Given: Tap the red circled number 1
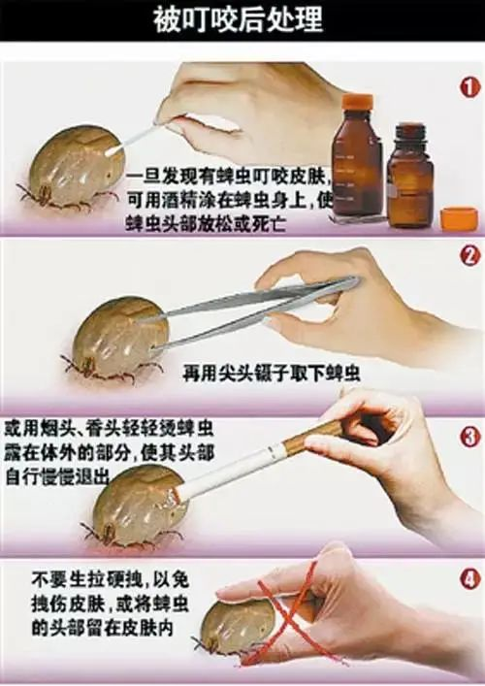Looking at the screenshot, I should [469, 86].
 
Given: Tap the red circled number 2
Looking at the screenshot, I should [469, 256].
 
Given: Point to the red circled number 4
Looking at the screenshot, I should [469, 579].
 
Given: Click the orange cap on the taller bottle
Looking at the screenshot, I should [358, 102].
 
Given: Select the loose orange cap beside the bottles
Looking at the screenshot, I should [458, 217].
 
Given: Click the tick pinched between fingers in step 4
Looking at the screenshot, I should [233, 625].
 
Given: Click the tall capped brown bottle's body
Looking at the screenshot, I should [358, 170].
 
